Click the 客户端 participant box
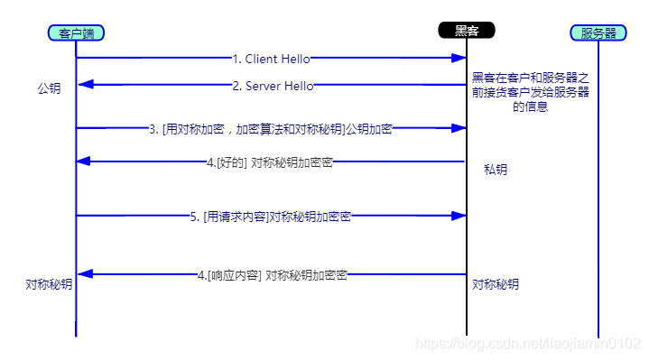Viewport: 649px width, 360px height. [77, 33]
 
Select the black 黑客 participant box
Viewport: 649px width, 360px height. [467, 30]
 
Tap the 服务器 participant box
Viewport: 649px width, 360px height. [598, 33]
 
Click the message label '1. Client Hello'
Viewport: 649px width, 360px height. [271, 59]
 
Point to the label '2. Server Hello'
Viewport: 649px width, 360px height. [273, 86]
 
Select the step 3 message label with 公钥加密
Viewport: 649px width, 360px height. [271, 129]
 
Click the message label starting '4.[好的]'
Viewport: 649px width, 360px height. [270, 162]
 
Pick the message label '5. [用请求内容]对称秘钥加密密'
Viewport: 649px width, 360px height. [271, 217]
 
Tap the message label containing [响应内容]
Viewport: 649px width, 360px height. [272, 274]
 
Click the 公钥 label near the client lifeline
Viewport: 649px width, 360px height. [49, 89]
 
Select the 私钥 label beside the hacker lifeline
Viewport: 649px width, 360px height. [496, 169]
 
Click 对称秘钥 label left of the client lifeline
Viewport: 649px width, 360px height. [49, 283]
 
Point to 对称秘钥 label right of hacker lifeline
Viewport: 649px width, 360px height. [496, 284]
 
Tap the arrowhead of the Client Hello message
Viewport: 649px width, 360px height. [459, 59]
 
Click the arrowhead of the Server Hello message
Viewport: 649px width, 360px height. [84, 85]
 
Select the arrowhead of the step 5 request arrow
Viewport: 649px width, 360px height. [459, 216]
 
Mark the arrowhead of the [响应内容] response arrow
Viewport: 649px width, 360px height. [84, 273]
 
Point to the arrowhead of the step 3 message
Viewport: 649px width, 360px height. [459, 128]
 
